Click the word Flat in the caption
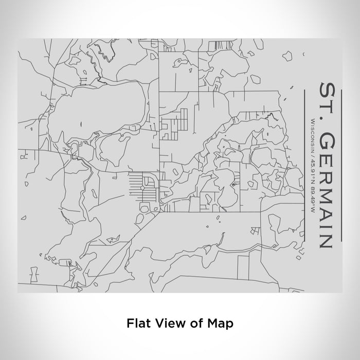(x=137, y=323)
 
